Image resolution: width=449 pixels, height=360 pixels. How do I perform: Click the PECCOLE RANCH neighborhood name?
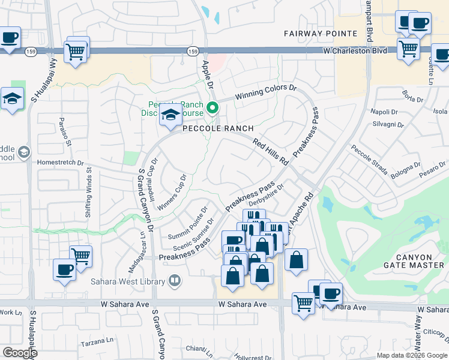218,129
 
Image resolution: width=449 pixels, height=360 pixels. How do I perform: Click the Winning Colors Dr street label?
266,93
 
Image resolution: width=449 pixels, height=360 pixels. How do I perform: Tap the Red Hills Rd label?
271,152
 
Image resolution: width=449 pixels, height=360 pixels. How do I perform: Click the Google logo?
20,352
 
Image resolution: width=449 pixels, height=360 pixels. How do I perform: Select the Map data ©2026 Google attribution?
412,355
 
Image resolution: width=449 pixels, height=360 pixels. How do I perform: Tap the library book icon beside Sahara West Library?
175,280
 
